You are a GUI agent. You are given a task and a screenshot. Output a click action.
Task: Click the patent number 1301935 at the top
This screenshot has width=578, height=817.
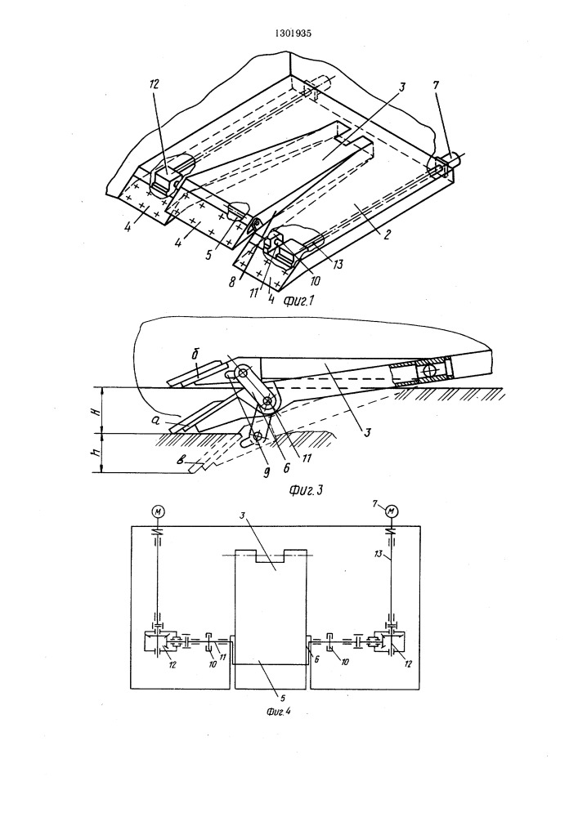[x=289, y=33]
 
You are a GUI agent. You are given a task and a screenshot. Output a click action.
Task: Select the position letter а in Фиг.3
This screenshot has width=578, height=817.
[x=167, y=417]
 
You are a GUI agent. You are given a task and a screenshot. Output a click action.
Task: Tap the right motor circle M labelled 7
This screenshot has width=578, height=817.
[x=392, y=511]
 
